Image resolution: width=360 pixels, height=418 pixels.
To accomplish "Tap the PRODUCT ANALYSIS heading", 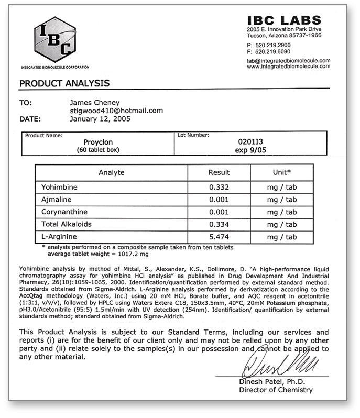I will (x=64, y=83).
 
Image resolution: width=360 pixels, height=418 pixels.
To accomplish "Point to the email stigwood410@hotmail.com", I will (x=116, y=111).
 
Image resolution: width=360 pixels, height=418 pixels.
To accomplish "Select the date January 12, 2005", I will (x=101, y=119).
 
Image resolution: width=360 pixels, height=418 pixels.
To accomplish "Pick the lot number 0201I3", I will (x=248, y=141).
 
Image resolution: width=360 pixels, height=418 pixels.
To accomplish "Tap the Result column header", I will (x=219, y=172).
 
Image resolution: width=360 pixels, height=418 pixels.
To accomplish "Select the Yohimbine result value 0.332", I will (x=219, y=187).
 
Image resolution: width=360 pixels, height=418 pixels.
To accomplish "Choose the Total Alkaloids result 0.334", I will (x=219, y=225).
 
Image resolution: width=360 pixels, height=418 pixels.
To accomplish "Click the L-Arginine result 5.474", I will (x=219, y=237).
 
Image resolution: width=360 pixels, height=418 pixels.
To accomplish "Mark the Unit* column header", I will (x=282, y=172).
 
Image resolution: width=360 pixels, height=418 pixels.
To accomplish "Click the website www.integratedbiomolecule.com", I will (x=289, y=67).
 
